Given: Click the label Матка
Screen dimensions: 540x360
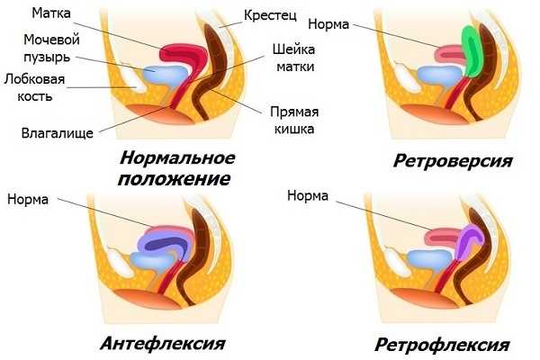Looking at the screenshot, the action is (x=51, y=13).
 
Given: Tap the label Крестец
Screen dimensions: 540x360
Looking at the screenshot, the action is (x=270, y=15).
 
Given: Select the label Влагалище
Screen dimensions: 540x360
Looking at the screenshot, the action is (x=58, y=133).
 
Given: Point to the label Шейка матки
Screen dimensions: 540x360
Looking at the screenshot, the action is (x=293, y=58).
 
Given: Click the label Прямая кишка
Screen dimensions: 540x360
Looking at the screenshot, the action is (x=294, y=120).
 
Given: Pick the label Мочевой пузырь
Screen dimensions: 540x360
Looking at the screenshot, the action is (x=51, y=49).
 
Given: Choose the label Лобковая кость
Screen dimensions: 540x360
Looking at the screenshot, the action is (x=34, y=87).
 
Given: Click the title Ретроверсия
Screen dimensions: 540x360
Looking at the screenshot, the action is (x=453, y=160).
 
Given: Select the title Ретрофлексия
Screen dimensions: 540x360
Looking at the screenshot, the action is (x=442, y=345).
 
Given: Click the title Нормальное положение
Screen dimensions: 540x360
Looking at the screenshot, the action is (x=176, y=168).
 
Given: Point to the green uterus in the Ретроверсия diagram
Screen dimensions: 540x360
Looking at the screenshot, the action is (x=472, y=51).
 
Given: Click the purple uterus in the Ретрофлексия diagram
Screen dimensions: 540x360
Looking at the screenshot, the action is (x=469, y=241).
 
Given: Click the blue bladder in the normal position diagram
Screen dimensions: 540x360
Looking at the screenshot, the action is (x=166, y=75).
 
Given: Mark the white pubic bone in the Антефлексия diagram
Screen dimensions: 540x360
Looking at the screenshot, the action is (x=119, y=260).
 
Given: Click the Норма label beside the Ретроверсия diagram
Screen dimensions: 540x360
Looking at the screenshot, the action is (x=328, y=24).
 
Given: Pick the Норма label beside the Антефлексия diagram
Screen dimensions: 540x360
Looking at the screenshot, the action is (x=28, y=199).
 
